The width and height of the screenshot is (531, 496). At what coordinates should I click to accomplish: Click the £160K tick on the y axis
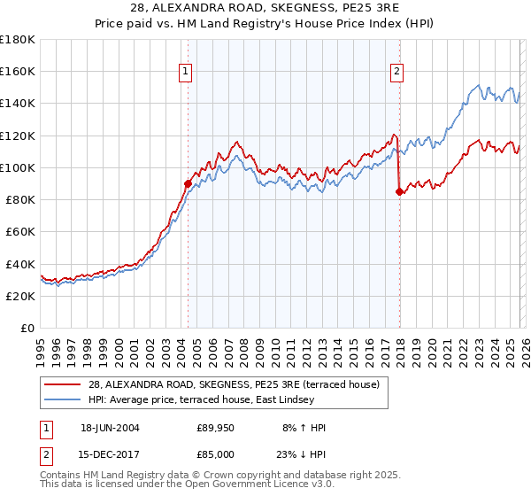(18, 71)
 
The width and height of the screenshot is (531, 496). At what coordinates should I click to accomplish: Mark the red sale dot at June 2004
(188, 183)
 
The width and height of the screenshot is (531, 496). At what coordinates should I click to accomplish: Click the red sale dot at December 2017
(399, 191)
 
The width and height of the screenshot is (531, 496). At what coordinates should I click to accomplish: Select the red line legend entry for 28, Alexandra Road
(234, 384)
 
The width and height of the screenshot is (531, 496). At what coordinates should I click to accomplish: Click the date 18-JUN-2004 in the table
(110, 428)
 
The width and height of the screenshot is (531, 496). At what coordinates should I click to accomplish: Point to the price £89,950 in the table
(216, 428)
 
